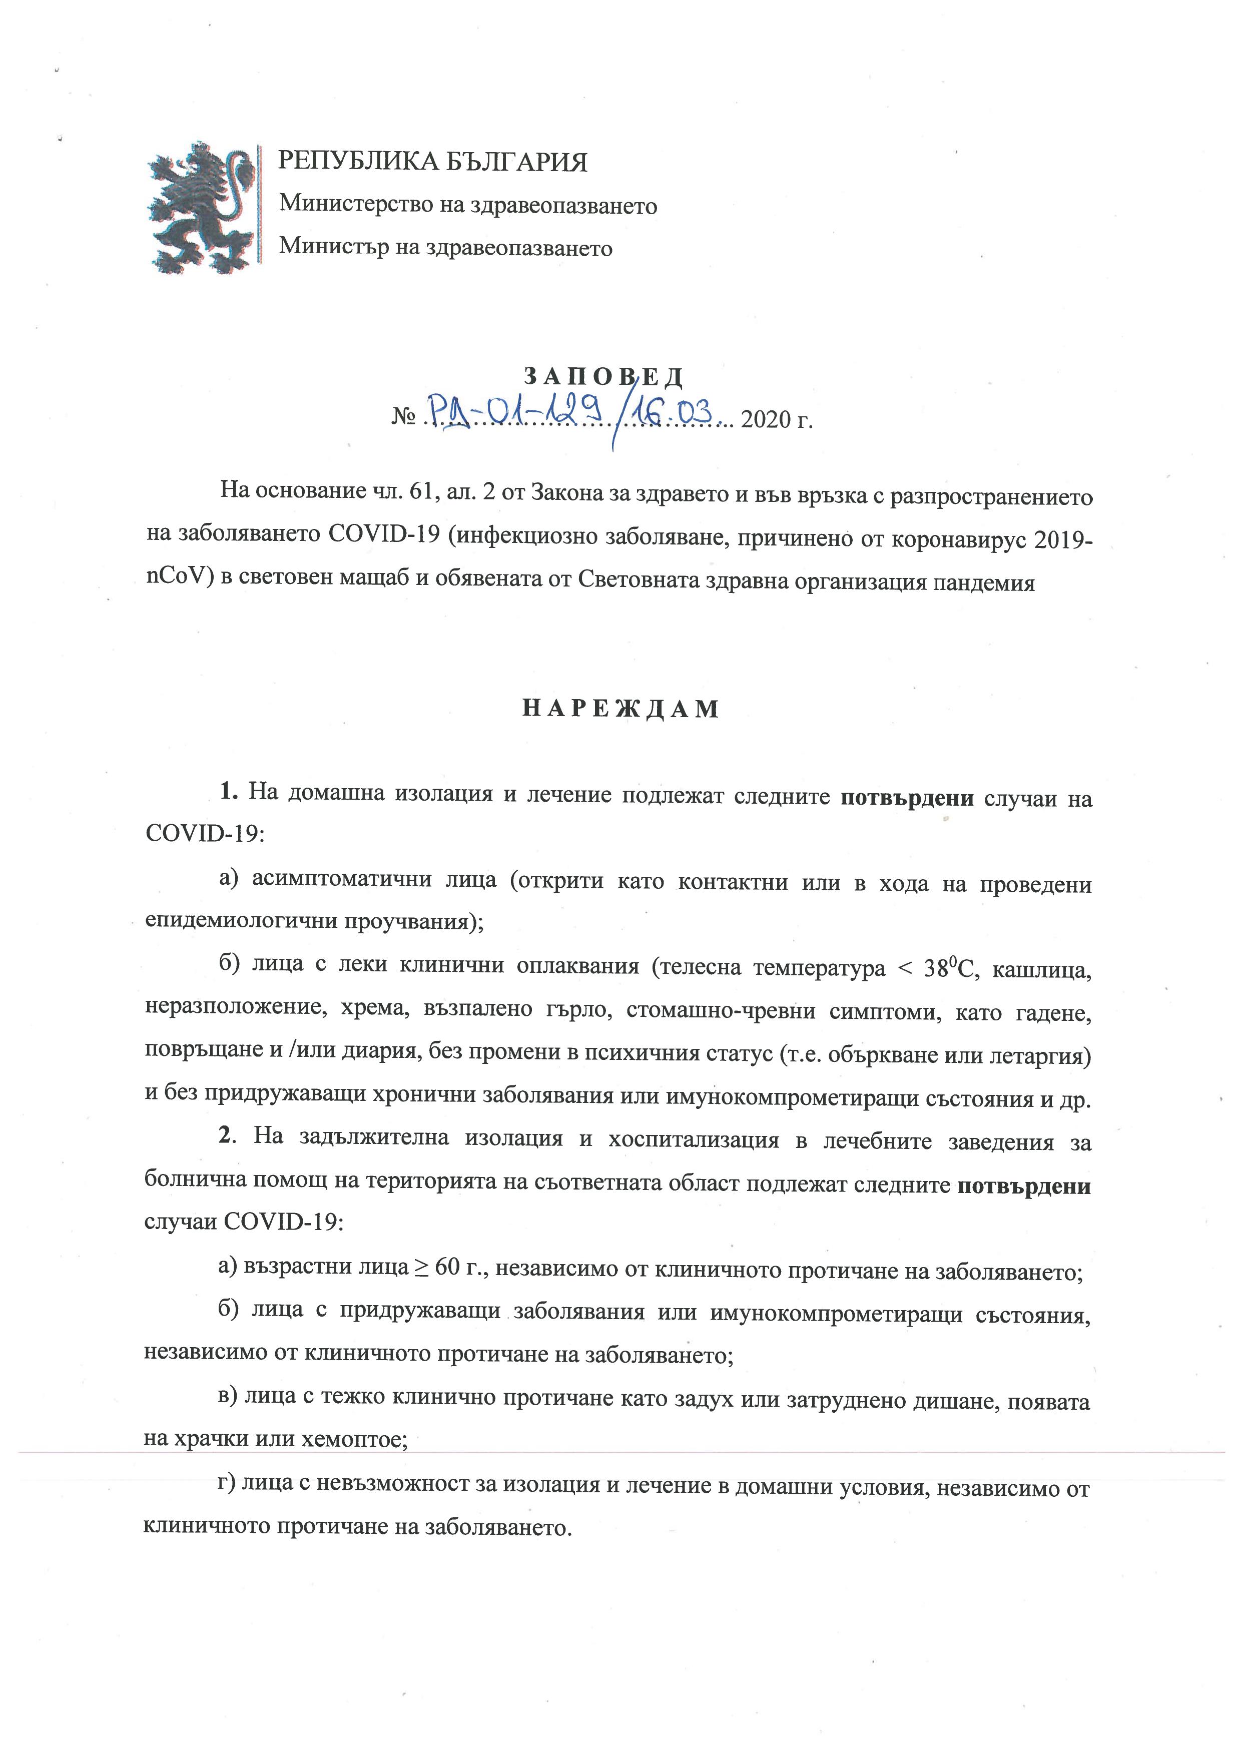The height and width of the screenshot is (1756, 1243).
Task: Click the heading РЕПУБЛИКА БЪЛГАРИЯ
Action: pos(432,162)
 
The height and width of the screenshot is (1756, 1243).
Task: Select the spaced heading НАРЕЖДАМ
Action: pos(620,709)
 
